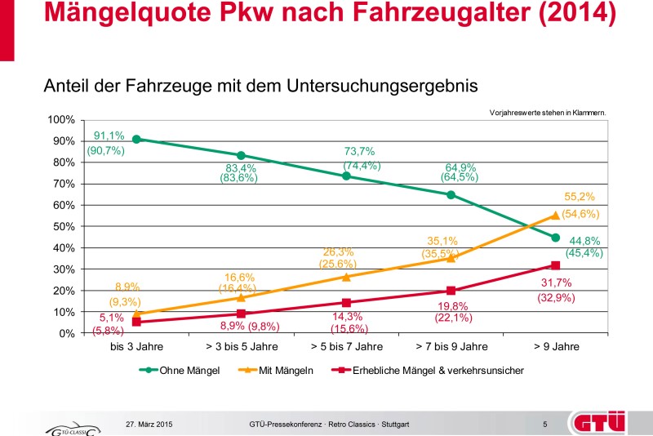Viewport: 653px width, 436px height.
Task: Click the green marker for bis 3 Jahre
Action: coord(136,140)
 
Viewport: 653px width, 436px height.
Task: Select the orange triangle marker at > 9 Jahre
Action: coord(555,215)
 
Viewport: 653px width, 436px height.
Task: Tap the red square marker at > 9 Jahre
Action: coord(555,265)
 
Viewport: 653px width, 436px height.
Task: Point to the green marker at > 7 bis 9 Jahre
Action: coord(451,195)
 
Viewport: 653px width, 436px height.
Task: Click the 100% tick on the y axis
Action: coord(61,120)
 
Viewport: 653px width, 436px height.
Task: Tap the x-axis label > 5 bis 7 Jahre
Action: coord(346,346)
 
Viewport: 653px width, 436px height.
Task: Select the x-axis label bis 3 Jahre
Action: coord(136,346)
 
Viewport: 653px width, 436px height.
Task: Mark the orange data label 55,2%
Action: coord(580,197)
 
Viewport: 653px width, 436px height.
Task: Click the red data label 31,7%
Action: coord(557,283)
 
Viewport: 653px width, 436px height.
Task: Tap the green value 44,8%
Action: coord(584,239)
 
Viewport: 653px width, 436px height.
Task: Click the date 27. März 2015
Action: coord(149,425)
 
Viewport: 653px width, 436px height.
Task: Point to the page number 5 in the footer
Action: coord(544,425)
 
